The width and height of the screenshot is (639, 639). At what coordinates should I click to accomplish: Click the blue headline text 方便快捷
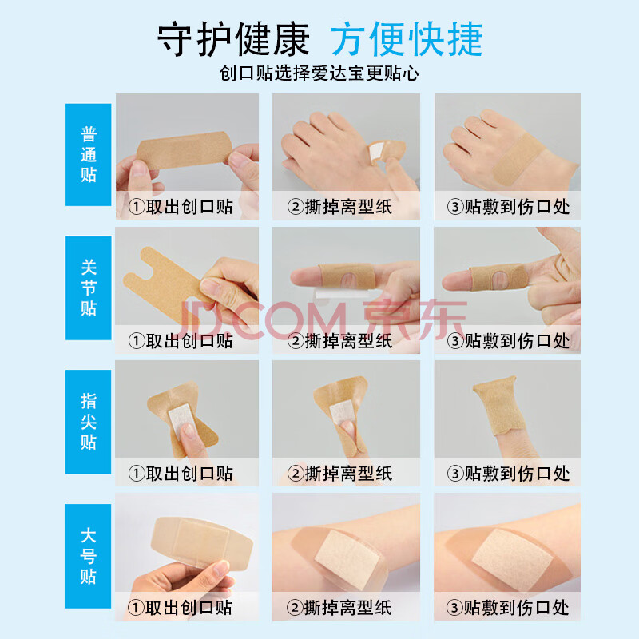coord(407,39)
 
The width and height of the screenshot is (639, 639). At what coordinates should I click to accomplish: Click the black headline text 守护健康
coord(233,39)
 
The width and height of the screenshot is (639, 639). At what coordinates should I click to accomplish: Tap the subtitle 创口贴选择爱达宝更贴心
coord(319,73)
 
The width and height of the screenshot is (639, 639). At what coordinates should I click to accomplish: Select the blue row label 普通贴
coord(89,154)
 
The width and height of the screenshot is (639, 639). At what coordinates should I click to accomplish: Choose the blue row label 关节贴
coord(89,288)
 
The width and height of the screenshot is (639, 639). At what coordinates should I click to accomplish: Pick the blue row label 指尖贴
coord(89,422)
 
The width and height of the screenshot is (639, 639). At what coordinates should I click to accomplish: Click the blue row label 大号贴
coord(89,556)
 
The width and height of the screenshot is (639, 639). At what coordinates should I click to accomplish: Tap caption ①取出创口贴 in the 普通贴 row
coord(181,207)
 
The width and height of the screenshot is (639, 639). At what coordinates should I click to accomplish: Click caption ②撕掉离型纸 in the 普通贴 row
coord(340,207)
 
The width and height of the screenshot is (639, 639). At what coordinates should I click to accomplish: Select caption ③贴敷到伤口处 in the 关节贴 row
coord(508,341)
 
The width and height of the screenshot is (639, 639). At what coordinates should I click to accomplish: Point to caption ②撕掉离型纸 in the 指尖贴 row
coord(340,474)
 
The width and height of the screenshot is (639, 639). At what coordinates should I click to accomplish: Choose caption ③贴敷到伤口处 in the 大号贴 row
coord(508,608)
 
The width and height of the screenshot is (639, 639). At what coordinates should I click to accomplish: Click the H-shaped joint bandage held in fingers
coord(163,281)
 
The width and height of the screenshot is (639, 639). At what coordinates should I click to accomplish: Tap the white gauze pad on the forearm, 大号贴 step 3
coord(512,559)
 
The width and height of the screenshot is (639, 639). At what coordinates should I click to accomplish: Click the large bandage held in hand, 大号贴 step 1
coord(202,542)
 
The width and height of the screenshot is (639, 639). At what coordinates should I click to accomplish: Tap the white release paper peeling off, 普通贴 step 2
coord(376,153)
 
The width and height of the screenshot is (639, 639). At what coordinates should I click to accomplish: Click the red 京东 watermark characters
coord(415,319)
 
